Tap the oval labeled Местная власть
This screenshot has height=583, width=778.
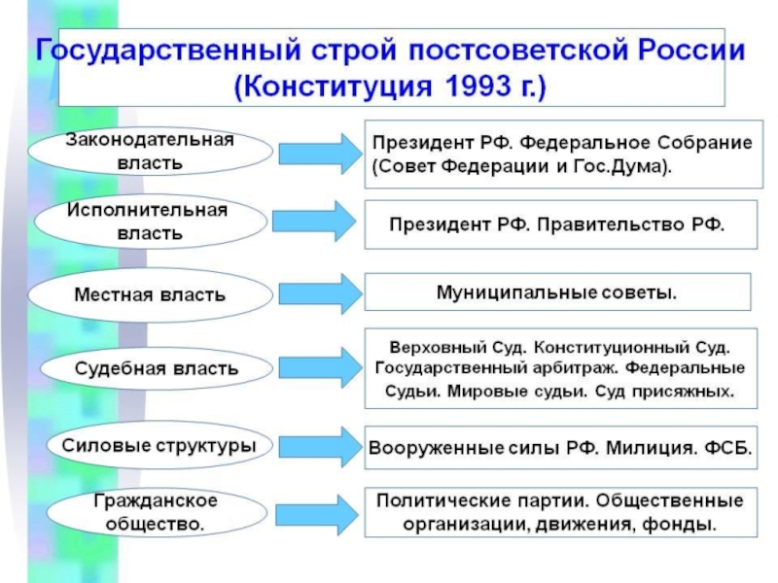(x=151, y=293)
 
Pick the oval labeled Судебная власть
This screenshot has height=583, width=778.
(x=157, y=369)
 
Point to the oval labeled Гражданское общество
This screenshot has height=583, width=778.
(x=156, y=512)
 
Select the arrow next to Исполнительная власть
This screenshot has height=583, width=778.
(x=318, y=223)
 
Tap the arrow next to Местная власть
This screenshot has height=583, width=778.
(x=318, y=292)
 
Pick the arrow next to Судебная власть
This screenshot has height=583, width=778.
(x=318, y=368)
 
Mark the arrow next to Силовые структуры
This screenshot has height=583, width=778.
(x=318, y=447)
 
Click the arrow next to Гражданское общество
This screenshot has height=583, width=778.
(x=318, y=512)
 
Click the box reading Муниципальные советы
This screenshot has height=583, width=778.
(x=557, y=291)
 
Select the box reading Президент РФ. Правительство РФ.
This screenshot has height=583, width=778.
(x=557, y=223)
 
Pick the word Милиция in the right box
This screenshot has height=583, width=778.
(x=645, y=450)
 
